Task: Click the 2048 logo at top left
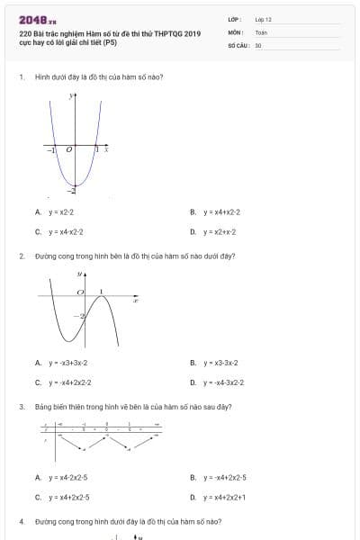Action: (x=37, y=19)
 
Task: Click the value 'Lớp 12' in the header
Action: (x=263, y=19)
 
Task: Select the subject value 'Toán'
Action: (x=261, y=31)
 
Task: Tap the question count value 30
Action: (x=258, y=44)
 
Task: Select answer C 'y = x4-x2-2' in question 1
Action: (x=66, y=231)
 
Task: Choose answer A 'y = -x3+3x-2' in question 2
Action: (x=67, y=363)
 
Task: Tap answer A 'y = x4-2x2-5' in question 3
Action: (x=67, y=477)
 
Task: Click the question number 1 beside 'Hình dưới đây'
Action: (x=21, y=76)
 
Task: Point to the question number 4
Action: (x=21, y=521)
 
